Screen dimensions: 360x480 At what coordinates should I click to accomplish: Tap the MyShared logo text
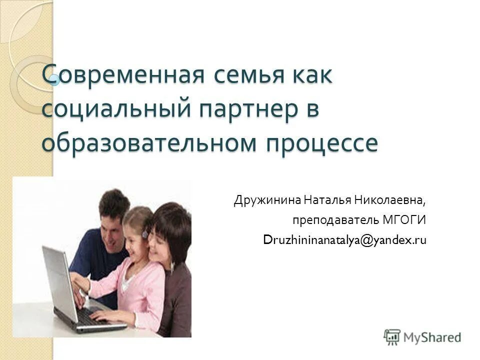[433, 337]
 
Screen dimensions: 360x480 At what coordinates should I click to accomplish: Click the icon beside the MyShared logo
[392, 337]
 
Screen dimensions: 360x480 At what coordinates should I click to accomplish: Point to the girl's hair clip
[144, 234]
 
